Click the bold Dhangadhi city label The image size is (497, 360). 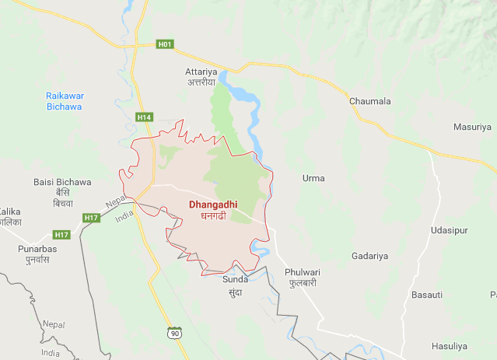212,205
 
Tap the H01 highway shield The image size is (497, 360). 164,44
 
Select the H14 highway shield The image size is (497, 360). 144,117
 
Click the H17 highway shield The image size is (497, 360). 92,218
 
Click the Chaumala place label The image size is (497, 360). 370,100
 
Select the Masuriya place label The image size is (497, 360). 473,127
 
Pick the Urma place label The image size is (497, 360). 313,178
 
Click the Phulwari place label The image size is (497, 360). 303,272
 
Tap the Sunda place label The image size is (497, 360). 235,279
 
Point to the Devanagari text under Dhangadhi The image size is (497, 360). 212,217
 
